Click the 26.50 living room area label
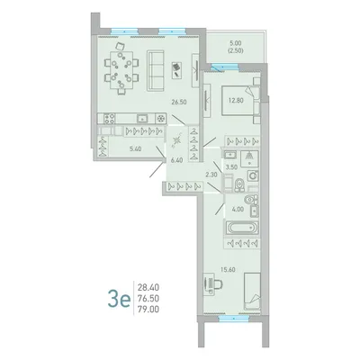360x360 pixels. [179, 102]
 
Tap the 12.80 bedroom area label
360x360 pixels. [236, 101]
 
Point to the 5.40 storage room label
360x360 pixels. [134, 148]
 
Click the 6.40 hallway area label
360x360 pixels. [177, 160]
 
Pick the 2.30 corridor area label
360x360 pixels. [211, 174]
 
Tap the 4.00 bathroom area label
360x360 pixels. [238, 209]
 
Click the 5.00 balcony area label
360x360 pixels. [235, 43]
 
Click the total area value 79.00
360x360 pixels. [148, 310]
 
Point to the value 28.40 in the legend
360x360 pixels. [148, 288]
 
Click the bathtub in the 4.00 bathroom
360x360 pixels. [242, 228]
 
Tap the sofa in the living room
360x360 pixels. [156, 71]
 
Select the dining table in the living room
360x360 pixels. [121, 70]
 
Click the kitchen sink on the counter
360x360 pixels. [143, 119]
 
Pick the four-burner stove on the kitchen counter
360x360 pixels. [110, 119]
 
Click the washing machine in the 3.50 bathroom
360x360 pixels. [253, 175]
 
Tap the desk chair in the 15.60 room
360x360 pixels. [218, 283]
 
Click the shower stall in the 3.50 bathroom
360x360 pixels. [249, 158]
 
